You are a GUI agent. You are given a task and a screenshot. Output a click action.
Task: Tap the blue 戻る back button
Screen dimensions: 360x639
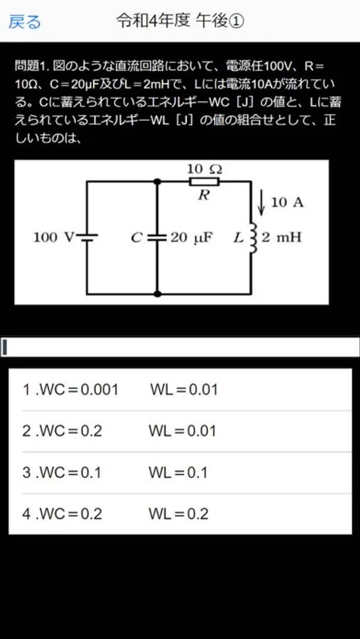point(25,21)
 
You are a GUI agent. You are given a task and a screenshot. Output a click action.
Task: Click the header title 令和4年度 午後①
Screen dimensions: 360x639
point(180,21)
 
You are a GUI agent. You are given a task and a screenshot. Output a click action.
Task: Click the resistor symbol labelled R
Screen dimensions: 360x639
point(204,181)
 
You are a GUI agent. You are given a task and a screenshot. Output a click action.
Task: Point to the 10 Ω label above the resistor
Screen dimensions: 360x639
point(204,169)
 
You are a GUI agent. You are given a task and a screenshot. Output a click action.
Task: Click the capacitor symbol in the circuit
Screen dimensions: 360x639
point(157,238)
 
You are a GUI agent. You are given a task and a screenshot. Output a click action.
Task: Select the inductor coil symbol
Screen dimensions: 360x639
point(253,238)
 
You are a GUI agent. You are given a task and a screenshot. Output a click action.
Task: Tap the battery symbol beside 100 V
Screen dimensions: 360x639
point(87,238)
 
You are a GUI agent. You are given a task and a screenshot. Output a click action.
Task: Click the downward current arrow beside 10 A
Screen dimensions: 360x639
point(262,204)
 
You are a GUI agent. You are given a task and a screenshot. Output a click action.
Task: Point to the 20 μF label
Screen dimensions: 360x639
point(192,238)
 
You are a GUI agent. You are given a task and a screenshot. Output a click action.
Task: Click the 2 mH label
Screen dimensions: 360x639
point(281,238)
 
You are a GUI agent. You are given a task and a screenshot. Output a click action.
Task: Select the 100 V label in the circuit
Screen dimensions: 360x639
point(53,238)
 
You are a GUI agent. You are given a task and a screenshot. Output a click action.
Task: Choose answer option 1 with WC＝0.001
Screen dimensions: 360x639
point(70,390)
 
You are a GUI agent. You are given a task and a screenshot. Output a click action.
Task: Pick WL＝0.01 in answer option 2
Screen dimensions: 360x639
point(182,432)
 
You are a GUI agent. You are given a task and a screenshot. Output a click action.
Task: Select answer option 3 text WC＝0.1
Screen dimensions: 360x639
point(62,473)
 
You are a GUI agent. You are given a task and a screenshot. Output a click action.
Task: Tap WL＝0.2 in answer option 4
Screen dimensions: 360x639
point(178,514)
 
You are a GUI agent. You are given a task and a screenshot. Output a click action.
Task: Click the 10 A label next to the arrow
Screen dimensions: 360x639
point(288,203)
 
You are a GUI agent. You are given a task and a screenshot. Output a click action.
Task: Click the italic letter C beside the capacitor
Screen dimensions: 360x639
point(136,238)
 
